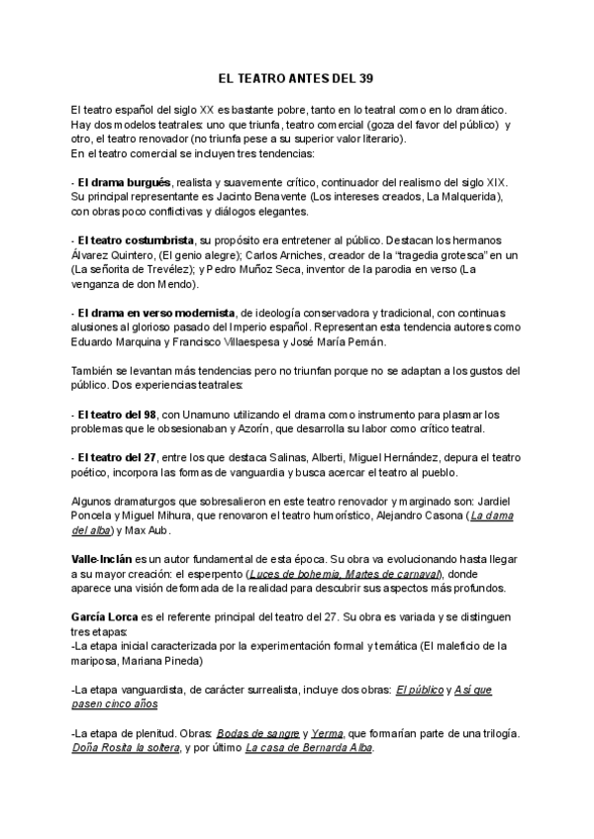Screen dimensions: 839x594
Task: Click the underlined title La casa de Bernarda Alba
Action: tap(308, 748)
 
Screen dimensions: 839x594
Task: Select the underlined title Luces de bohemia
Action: tap(290, 574)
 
